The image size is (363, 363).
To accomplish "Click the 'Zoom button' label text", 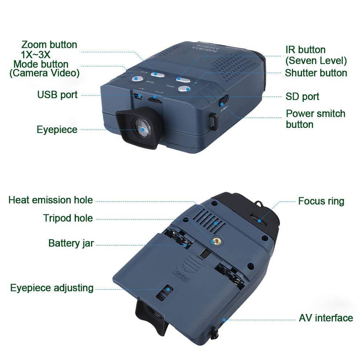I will coord(49,45).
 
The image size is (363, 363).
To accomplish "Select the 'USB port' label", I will coord(57,95).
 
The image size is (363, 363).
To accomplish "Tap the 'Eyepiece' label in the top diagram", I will coord(57,130).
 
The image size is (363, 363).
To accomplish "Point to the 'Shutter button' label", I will coord(316,73).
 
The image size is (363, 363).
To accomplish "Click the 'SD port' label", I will coord(302,97).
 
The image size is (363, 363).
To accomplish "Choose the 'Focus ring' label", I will coord(321,201).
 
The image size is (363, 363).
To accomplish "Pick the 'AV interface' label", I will coord(326,318).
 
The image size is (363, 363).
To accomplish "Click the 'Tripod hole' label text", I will coord(68,219).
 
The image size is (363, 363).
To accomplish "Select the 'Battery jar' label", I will coord(71,243).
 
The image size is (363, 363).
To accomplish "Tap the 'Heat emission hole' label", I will coord(50,200).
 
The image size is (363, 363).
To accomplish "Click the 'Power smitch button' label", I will coord(315,119).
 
